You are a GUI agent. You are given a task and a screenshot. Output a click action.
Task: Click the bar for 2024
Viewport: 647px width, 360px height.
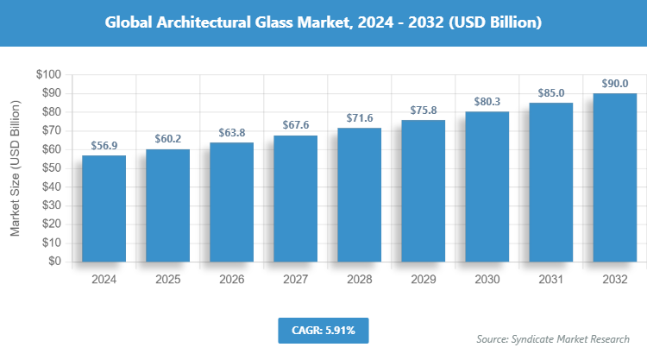[x=104, y=209]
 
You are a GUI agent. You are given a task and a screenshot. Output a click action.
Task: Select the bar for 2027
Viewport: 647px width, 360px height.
[x=295, y=199]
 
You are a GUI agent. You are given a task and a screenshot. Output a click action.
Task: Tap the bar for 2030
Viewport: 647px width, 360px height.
[x=487, y=186]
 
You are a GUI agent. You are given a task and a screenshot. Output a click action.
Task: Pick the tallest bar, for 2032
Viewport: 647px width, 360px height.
[x=614, y=178]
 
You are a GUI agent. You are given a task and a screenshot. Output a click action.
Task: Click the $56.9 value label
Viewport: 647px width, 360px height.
[x=104, y=146]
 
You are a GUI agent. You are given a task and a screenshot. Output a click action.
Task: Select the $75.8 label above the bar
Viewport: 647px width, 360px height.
[x=423, y=111]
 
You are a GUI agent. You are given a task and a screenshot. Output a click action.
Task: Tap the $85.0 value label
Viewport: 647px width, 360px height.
[x=550, y=93]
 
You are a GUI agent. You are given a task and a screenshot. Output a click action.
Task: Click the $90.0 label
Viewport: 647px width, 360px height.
[x=614, y=84]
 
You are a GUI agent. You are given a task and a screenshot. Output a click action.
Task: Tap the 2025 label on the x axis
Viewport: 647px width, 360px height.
[x=167, y=280]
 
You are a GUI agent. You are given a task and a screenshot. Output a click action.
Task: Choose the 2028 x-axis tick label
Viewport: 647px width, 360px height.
[x=359, y=280]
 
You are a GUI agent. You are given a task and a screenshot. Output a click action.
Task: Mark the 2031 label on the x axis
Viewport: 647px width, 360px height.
[x=550, y=280]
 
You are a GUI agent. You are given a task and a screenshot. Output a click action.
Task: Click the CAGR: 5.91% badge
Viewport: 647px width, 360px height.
[x=323, y=330]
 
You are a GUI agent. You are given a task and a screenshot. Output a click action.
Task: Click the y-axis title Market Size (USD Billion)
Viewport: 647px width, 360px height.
[x=15, y=168]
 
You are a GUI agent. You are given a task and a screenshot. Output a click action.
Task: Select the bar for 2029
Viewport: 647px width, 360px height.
[x=423, y=191]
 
